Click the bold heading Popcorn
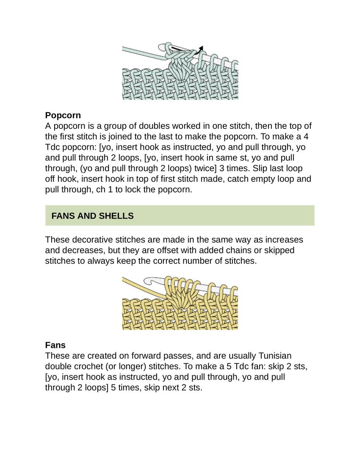[x=63, y=115]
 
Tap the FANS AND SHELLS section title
[x=92, y=216]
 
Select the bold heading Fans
[x=55, y=345]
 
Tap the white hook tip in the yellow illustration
[x=149, y=280]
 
